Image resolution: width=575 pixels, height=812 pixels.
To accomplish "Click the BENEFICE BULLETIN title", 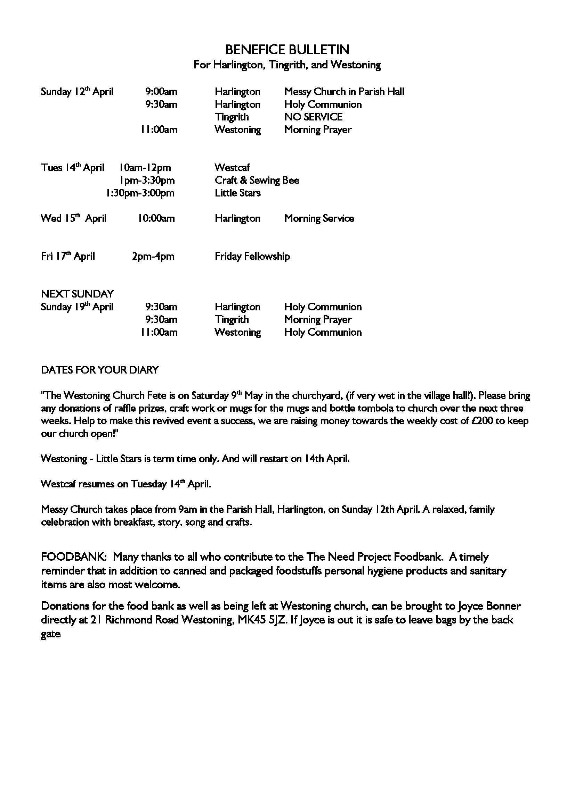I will (287, 50).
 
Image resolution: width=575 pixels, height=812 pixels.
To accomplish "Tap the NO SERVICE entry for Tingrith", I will (313, 117).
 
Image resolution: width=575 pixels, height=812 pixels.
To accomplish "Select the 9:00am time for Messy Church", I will (161, 92).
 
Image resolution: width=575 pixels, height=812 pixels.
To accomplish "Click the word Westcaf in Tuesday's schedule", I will (232, 168).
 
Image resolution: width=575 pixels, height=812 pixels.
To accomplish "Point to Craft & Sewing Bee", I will (257, 181).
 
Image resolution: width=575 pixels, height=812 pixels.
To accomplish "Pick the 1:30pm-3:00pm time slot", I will (140, 193).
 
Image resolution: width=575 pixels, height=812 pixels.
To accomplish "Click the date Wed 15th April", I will (74, 219).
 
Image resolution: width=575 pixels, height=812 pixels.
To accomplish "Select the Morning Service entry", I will (319, 219).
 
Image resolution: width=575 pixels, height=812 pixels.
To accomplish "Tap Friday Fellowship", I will (252, 257).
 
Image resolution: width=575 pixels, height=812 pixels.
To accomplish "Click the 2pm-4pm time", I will (153, 257).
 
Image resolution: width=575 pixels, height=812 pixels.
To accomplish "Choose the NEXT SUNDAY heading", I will (78, 294).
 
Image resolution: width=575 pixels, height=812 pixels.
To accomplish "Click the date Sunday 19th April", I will (77, 307).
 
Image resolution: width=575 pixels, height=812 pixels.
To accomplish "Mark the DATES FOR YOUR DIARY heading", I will (100, 370).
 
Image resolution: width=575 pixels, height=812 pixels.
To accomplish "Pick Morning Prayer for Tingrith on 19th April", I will (318, 320).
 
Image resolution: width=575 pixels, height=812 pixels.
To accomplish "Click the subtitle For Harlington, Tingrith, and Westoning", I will (287, 65).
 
